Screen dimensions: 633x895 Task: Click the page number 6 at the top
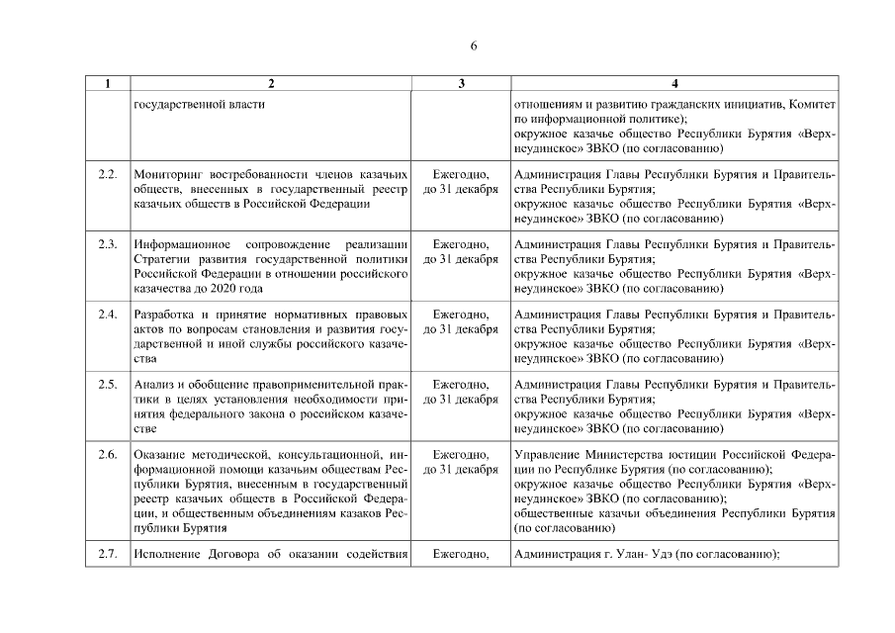click(x=474, y=45)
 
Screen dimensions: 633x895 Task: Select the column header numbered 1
click(x=108, y=84)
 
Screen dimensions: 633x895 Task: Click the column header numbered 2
click(x=271, y=84)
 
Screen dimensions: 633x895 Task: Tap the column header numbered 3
click(x=460, y=84)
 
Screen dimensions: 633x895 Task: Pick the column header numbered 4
click(x=674, y=84)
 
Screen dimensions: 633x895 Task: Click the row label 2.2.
click(x=108, y=175)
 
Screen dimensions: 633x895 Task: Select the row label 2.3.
click(x=108, y=244)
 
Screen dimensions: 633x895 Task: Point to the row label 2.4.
click(x=108, y=315)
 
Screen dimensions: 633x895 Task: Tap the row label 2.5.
click(x=108, y=385)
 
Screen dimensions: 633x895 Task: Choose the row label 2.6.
click(x=108, y=455)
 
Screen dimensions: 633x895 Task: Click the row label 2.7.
click(x=108, y=553)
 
